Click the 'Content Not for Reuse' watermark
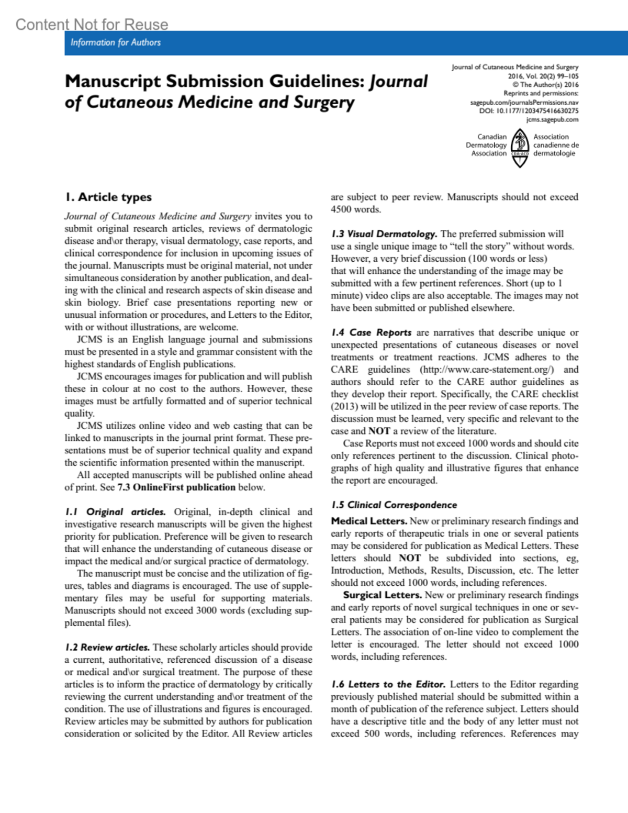tap(92, 25)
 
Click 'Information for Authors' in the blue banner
tap(116, 42)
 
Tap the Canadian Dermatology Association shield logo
tap(520, 148)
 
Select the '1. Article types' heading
tap(108, 197)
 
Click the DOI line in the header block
tap(529, 111)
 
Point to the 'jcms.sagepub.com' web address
tap(552, 119)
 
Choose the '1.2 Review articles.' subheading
tap(107, 648)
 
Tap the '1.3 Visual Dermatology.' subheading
tap(384, 234)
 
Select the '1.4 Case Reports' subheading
tap(371, 333)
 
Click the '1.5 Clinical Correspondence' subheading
tap(394, 505)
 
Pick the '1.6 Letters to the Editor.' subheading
tap(388, 685)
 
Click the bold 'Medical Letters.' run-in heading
tap(369, 521)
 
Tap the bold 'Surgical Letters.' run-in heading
tap(382, 595)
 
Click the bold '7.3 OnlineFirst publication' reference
tap(176, 487)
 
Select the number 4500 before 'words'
tap(342, 209)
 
